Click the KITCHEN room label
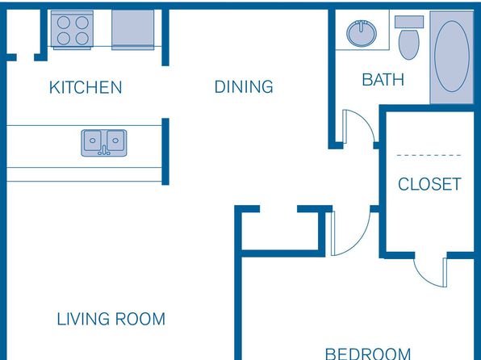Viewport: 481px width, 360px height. click(x=86, y=87)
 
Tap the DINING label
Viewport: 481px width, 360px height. click(x=244, y=86)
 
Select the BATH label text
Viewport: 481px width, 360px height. click(x=383, y=80)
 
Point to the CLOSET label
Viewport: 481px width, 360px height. click(x=429, y=184)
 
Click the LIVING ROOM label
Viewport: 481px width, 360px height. click(x=111, y=319)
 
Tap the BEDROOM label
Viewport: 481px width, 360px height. click(x=368, y=354)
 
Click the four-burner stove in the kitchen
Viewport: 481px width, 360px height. click(x=73, y=30)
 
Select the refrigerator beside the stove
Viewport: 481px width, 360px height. click(x=133, y=30)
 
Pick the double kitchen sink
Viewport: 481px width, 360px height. click(x=104, y=143)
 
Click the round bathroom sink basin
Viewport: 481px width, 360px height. click(x=362, y=33)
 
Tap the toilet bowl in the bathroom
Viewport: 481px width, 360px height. click(x=409, y=44)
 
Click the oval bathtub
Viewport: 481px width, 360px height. click(x=452, y=57)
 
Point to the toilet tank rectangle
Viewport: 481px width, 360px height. click(x=409, y=22)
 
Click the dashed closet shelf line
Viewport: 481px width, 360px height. click(x=429, y=155)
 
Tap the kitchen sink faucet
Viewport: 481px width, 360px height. click(x=104, y=150)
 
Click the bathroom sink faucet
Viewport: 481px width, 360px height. click(x=362, y=25)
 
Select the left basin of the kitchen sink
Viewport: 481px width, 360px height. click(x=92, y=140)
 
